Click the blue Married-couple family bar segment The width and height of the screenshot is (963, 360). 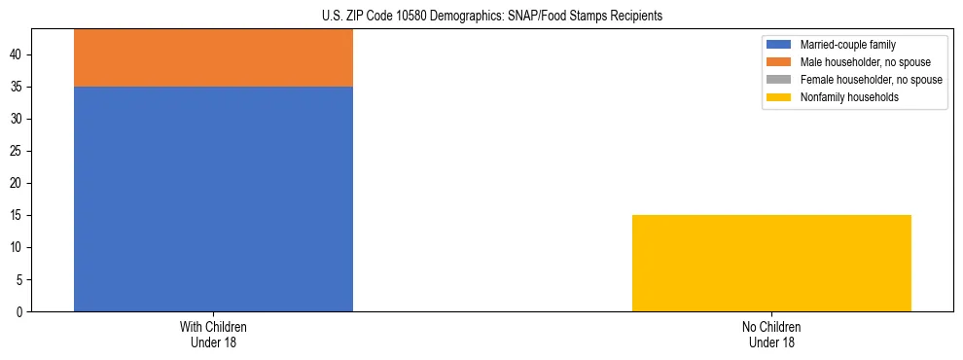point(213,198)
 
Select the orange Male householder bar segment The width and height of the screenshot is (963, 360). point(213,58)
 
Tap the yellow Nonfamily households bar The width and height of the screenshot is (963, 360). point(771,263)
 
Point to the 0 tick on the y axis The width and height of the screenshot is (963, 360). point(21,311)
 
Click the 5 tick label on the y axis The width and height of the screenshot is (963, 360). point(21,279)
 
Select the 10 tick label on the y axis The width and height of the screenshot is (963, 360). point(18,247)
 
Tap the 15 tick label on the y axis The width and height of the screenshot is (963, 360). point(18,215)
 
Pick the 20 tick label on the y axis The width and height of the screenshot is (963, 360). point(18,183)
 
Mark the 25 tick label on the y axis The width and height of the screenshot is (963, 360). point(18,151)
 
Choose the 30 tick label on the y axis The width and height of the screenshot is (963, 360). point(18,119)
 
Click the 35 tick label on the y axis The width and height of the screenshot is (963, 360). point(18,87)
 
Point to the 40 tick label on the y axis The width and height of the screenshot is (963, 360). point(18,54)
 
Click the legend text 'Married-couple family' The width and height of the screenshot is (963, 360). point(846,45)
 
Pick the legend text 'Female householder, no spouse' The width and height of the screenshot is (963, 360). point(871,80)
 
